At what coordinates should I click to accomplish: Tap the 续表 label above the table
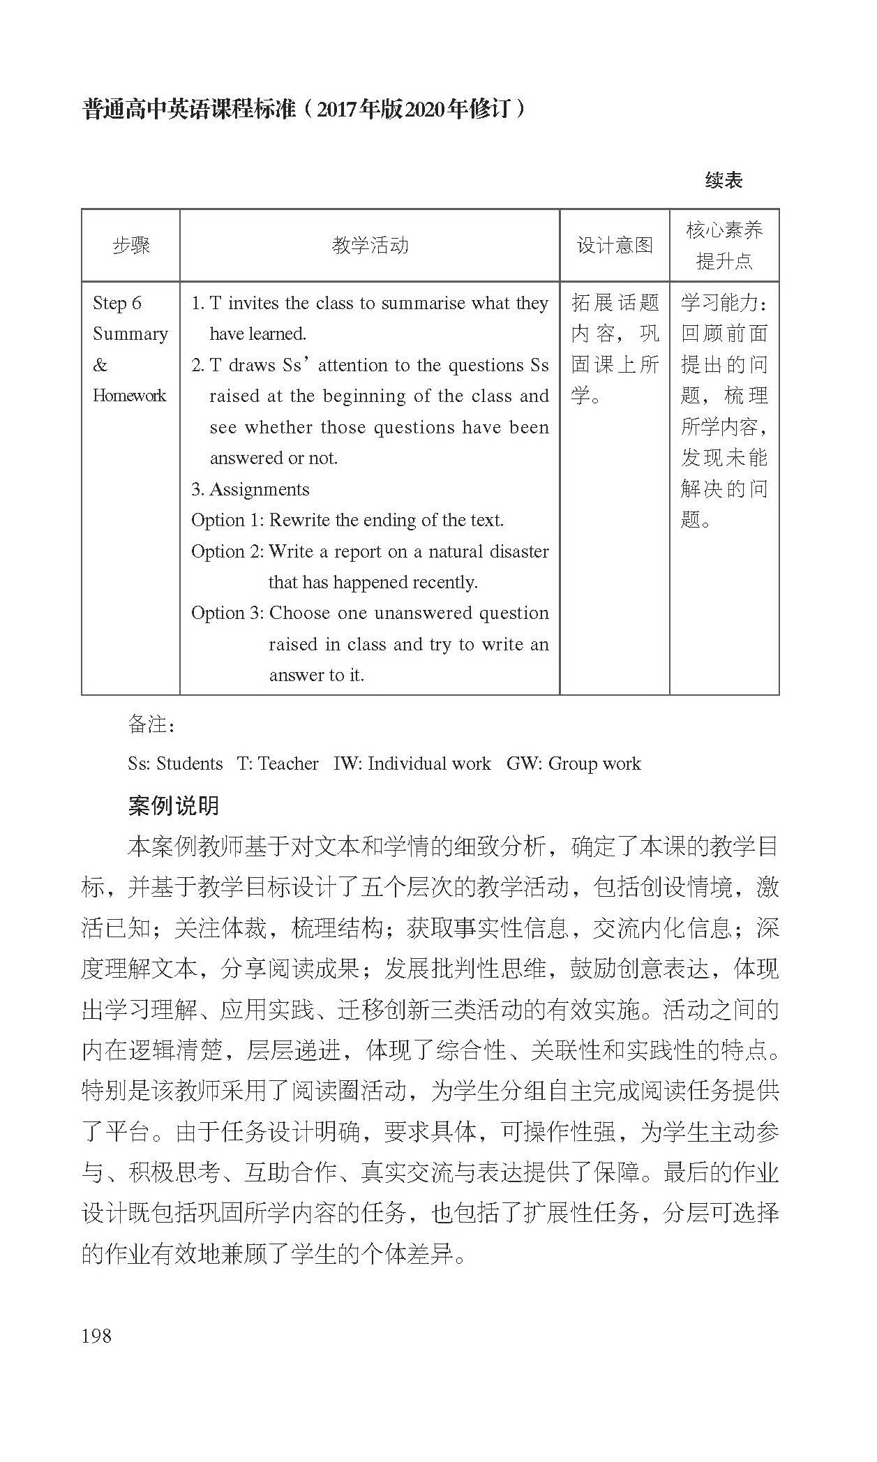724,180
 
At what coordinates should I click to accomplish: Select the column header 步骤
131,245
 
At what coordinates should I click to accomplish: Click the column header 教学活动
370,245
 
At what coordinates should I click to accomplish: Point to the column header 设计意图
614,245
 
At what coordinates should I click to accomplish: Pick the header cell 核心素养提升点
724,245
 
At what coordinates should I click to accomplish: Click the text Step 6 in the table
117,303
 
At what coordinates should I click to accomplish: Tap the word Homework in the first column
130,396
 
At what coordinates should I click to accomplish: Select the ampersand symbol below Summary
100,365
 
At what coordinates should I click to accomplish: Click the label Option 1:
227,520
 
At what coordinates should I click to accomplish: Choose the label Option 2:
227,551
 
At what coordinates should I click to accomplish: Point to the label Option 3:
227,613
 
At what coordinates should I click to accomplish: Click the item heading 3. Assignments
250,489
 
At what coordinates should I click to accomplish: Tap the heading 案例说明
174,805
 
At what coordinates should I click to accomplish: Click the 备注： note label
152,724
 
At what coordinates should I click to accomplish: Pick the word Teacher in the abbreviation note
288,763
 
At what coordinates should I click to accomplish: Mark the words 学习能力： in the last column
724,303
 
